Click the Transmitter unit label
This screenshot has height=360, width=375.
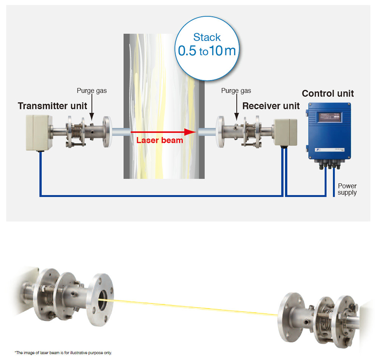coord(52,106)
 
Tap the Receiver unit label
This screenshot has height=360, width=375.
coord(271,106)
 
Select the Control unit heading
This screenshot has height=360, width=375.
coord(328,94)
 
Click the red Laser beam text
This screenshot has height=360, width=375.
coord(160,140)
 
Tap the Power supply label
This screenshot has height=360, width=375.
coord(347,189)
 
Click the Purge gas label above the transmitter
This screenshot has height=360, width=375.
coord(92,91)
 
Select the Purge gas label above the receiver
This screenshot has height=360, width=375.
coord(236,91)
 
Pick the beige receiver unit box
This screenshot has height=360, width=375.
coord(285,132)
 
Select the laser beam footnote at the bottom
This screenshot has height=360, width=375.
coord(63,353)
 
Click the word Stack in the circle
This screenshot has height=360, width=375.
coord(207,37)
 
